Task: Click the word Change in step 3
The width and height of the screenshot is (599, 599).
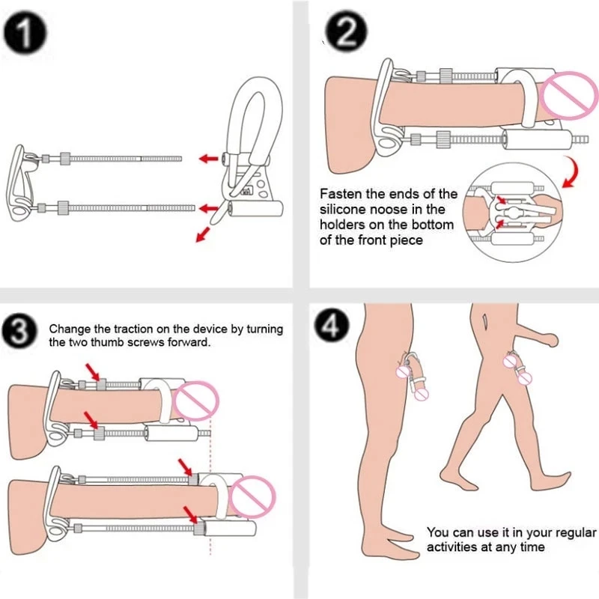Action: (x=67, y=329)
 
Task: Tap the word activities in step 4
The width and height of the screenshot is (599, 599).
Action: (x=454, y=547)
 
